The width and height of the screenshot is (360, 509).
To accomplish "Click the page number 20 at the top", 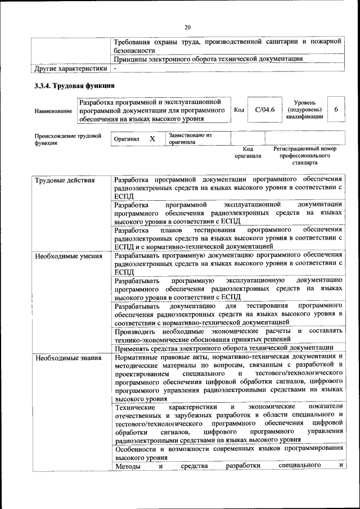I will pos(188,26).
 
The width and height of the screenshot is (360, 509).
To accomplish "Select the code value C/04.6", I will pos(264,110).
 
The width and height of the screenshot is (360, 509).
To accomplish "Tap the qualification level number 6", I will pos(336,110).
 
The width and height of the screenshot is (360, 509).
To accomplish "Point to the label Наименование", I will pos(53,111).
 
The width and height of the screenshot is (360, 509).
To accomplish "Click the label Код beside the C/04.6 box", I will pos(238,110).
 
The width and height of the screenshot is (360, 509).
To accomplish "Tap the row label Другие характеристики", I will pos(70,69).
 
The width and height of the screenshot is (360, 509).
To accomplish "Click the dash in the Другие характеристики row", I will pos(115,69).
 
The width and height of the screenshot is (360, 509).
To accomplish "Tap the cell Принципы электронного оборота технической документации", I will pos(208,58).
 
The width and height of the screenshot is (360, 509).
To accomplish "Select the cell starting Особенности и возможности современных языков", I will pos(228,453).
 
